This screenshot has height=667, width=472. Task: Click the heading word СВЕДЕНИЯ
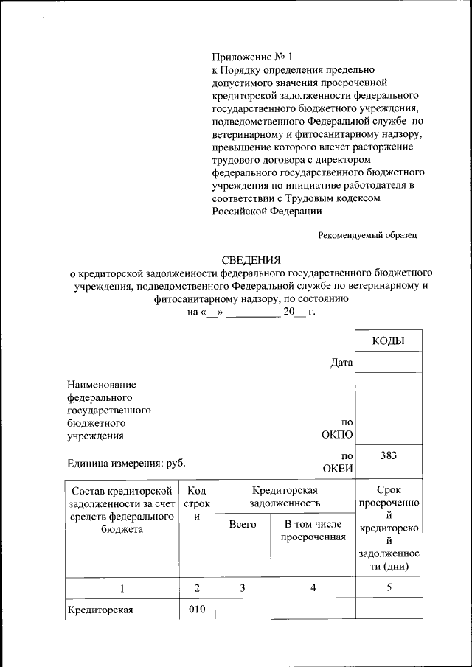click(251, 259)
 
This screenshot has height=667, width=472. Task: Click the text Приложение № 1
click(251, 56)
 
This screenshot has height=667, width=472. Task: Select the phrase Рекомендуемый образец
click(368, 235)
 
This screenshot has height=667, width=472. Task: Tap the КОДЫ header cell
click(388, 341)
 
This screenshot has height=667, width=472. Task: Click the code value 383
click(389, 455)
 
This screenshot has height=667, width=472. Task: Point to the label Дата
click(341, 363)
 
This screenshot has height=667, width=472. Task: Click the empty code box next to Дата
click(388, 362)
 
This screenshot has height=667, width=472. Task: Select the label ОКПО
click(338, 436)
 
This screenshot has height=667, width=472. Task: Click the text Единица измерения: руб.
click(126, 463)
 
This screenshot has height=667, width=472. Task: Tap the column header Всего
click(243, 524)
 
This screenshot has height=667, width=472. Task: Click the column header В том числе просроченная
click(313, 531)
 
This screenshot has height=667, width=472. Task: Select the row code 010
click(196, 609)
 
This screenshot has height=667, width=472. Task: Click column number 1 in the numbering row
click(122, 587)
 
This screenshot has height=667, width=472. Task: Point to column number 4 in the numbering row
click(313, 587)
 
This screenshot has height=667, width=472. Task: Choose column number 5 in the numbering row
click(389, 587)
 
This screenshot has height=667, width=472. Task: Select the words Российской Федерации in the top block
click(266, 211)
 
